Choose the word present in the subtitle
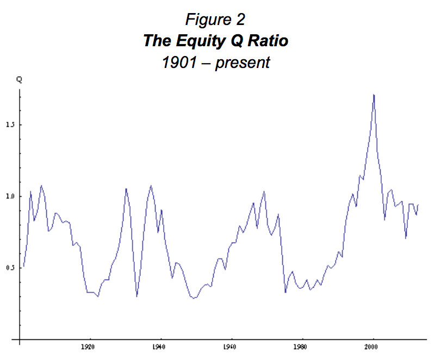tap(242, 63)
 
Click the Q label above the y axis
tap(19, 79)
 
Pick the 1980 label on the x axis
tap(302, 345)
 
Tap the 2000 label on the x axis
tap(373, 345)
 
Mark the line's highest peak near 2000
tap(374, 95)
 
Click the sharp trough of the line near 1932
tap(136, 296)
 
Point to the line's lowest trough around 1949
tap(193, 299)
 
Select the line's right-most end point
tap(418, 205)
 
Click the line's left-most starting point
tap(23, 266)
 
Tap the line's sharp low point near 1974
tap(285, 293)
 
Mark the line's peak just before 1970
tap(264, 191)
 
